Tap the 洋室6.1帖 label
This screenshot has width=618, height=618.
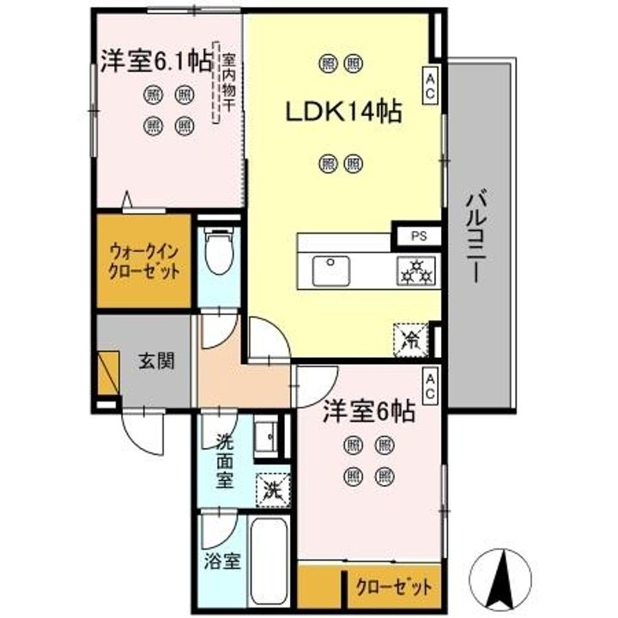point(156,60)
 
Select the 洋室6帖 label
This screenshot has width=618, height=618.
point(369,412)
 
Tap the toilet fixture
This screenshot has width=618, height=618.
point(221,249)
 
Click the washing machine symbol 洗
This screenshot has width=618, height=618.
point(272,490)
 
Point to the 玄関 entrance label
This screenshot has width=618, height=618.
point(157,360)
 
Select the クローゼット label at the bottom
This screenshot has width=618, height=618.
point(393,587)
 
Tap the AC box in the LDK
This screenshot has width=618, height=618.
point(430,83)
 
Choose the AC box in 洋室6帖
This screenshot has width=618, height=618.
point(430,384)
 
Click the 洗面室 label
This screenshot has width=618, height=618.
point(224,461)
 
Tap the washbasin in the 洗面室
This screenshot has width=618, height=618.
point(267,436)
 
